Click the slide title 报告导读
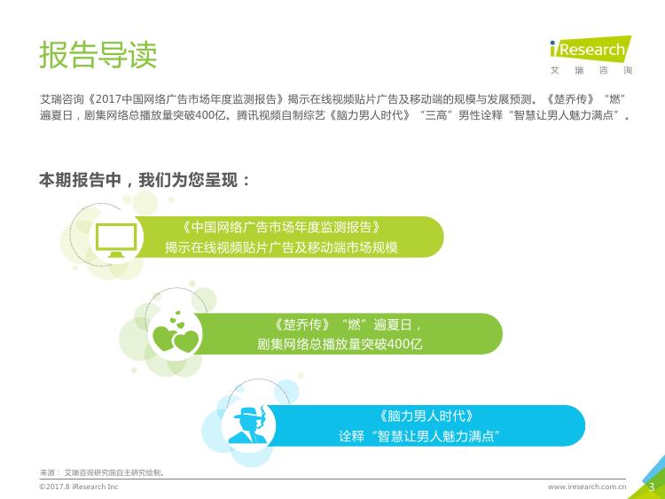point(98,55)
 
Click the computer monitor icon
point(116,240)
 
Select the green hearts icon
point(176,332)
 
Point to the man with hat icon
point(248,425)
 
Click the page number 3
point(652,487)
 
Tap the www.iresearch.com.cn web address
point(587,487)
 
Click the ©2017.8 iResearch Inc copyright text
point(78,487)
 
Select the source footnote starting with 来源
point(102,472)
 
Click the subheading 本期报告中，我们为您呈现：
point(145,180)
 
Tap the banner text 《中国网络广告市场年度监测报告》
point(281,227)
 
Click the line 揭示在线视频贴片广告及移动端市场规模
point(281,247)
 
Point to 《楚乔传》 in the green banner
point(302,324)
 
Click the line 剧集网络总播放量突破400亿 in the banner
point(340,343)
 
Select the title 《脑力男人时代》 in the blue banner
point(426,416)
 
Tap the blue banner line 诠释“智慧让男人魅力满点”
point(419,436)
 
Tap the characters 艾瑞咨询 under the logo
point(591,70)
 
